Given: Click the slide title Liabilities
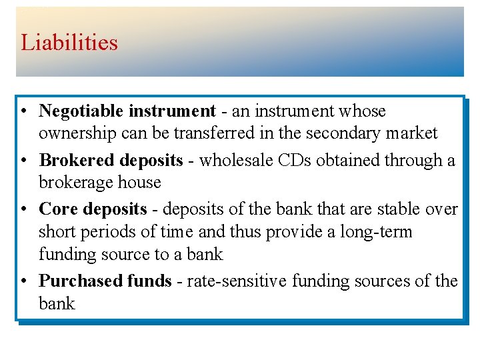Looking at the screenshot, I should click(69, 43).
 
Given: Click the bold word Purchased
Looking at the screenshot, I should click(81, 281).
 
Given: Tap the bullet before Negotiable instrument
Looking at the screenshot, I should click(23, 111).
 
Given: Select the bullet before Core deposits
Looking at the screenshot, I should click(23, 209).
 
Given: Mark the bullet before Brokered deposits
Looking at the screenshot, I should click(23, 161).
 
